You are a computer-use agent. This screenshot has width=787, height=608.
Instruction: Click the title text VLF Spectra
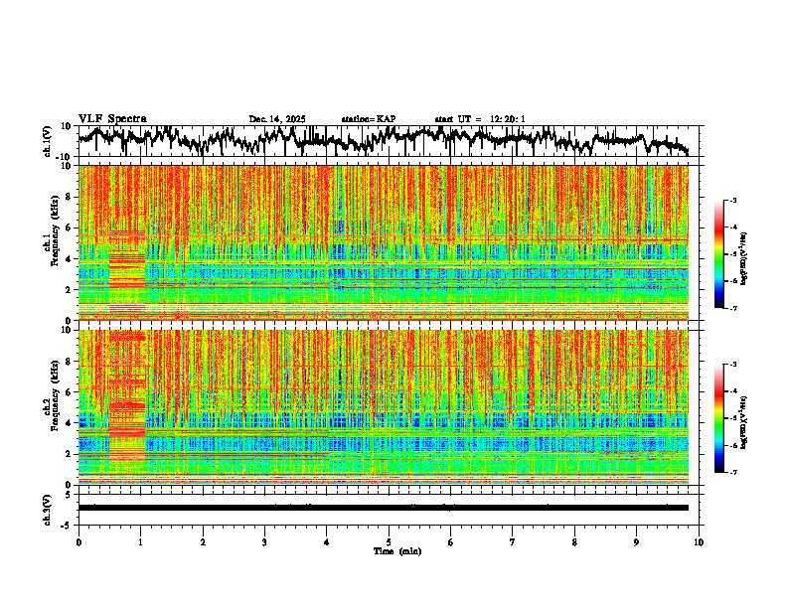click(x=112, y=118)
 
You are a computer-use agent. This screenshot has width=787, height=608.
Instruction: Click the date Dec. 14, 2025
click(x=276, y=119)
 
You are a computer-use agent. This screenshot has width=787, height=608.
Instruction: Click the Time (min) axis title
click(x=396, y=550)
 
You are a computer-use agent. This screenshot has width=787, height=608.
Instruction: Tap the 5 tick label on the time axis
click(x=389, y=541)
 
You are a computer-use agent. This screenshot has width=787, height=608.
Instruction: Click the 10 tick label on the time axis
click(x=699, y=541)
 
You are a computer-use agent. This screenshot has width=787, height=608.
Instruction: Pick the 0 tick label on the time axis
click(x=79, y=541)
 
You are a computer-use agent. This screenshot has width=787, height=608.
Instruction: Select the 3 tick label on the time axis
click(x=264, y=541)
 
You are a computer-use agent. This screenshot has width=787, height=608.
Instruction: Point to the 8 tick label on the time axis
click(x=574, y=541)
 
